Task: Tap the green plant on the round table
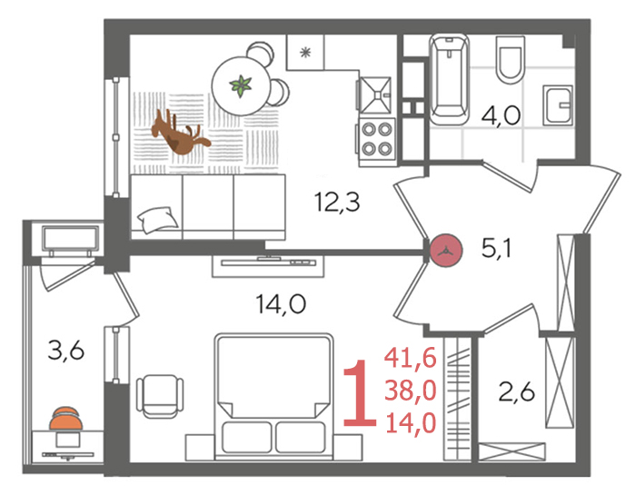(x=241, y=86)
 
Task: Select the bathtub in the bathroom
(x=449, y=79)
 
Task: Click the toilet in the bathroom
(x=510, y=60)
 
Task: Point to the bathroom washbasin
(x=558, y=105)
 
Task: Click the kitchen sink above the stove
(x=374, y=94)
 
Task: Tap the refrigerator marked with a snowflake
(x=305, y=53)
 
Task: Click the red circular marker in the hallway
(x=446, y=251)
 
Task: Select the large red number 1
(x=360, y=393)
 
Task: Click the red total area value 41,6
(x=411, y=358)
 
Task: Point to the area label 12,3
(x=337, y=203)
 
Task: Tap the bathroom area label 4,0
(x=501, y=115)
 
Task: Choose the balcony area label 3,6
(x=65, y=351)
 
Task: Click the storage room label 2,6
(x=516, y=392)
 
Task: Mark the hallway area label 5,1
(x=496, y=248)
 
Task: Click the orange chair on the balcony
(x=65, y=419)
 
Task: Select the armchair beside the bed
(x=160, y=396)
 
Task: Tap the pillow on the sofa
(x=158, y=219)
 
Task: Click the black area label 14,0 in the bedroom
(x=281, y=304)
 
